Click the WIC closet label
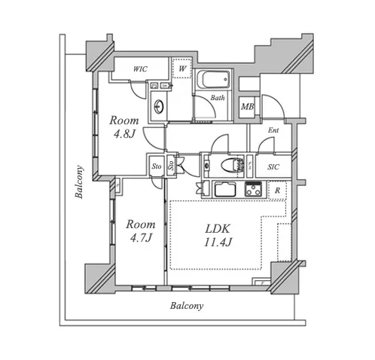coord(140,69)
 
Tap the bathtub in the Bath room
coord(213,79)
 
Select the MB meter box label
coord(247,107)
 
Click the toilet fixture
coord(232,165)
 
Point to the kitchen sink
coord(225,189)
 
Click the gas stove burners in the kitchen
coord(254,189)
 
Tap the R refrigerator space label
coord(277,191)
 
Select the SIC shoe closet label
coord(273,167)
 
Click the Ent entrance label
coord(273,130)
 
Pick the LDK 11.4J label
coord(218,236)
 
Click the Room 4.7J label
coord(141,230)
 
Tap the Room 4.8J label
coord(124,127)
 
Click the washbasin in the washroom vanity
coord(159,106)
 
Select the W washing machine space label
coord(182,68)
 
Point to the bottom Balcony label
coord(187,306)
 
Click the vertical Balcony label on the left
coord(79,182)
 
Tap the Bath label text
coord(218,98)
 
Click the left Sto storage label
coord(157,166)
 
